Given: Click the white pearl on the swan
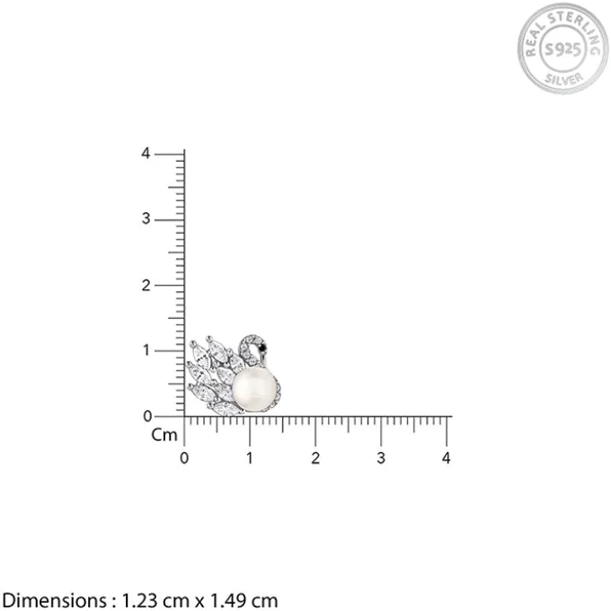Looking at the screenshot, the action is click(255, 389).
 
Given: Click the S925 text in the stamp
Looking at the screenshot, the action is click(562, 49).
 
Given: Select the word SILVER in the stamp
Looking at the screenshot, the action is click(564, 78).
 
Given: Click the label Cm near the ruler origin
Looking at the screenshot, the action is click(164, 435).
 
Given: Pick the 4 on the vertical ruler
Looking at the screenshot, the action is click(146, 154).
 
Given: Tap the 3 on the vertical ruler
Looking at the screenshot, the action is click(146, 219).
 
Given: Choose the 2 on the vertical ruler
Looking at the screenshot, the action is click(146, 286).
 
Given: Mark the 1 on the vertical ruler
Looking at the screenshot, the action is click(146, 350).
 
